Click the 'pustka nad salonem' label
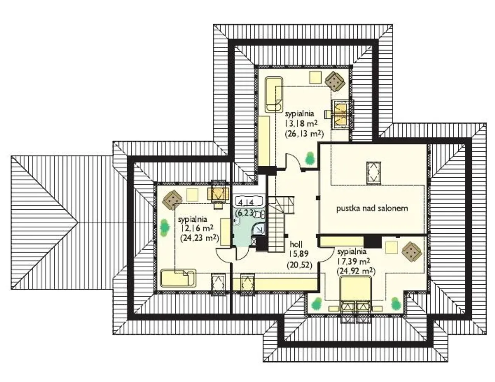point(372,209)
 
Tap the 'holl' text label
point(296,244)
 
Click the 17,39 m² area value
point(354,261)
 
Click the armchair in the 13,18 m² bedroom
point(335,81)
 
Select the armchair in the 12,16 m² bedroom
point(172,200)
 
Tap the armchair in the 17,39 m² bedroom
point(412,252)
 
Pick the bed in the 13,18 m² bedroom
point(274,94)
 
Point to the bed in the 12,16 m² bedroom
point(178,278)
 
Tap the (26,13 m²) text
point(304,134)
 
